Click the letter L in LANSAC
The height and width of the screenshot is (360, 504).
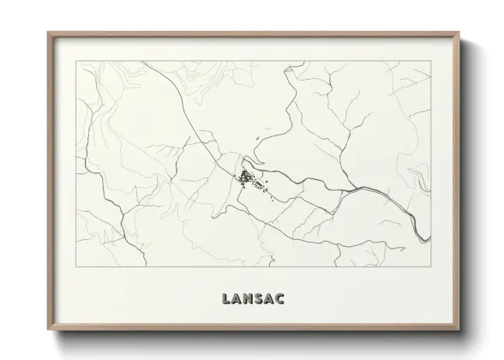(x=226, y=299)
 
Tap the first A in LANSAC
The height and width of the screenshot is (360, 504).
(x=237, y=299)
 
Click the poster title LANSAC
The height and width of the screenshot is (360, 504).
(x=254, y=299)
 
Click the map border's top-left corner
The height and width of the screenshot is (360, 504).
(x=77, y=62)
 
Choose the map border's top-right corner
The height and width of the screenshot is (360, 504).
(x=430, y=62)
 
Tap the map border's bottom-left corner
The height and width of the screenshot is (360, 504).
(x=77, y=267)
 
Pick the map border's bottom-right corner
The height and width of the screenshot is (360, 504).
(x=430, y=267)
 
